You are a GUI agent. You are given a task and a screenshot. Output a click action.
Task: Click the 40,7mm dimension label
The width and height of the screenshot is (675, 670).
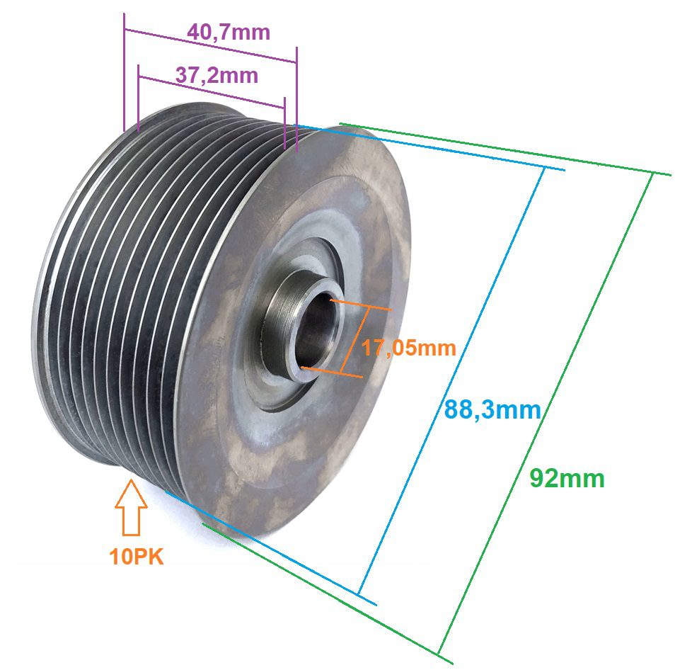tap(229, 33)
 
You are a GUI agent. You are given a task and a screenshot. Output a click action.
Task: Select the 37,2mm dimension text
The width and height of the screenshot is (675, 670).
tap(217, 74)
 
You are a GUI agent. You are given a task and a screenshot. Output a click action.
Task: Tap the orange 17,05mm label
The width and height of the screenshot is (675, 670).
tap(408, 348)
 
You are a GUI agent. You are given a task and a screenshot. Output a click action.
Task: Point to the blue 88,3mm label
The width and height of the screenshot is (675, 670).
tap(492, 409)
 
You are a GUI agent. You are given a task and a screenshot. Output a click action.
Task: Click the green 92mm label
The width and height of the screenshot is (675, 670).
tap(567, 479)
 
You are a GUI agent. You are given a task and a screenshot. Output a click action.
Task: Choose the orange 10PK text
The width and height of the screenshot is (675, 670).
tap(137, 557)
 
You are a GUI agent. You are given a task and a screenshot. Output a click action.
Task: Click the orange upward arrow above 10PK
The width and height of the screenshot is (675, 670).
tap(131, 507)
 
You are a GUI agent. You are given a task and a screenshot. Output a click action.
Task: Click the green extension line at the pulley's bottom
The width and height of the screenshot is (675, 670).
tap(325, 594)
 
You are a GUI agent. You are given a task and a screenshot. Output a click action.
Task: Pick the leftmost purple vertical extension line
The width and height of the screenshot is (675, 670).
tap(124, 71)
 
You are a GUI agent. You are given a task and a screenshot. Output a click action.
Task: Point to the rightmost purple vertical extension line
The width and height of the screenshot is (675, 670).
tap(297, 99)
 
